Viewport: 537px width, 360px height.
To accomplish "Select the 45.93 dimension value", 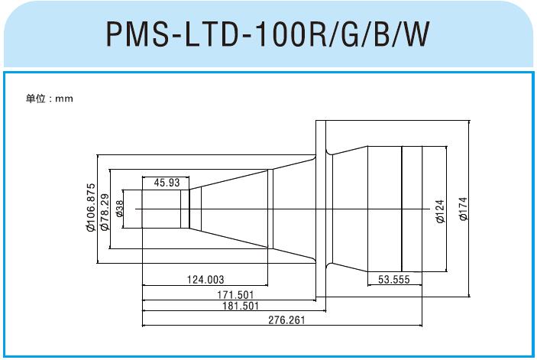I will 167,183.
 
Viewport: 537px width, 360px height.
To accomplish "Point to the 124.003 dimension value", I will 205,280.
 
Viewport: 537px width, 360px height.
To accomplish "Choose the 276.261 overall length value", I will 283,320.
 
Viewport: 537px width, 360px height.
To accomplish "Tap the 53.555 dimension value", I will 394,280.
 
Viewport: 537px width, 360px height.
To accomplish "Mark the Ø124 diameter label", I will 439,209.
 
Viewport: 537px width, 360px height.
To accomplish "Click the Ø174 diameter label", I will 463,209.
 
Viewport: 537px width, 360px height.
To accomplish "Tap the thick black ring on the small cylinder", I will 189,209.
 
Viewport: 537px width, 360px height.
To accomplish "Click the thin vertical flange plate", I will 321,209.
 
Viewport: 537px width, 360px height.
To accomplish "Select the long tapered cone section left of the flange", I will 229,209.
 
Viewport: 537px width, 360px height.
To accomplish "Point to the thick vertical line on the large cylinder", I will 402,209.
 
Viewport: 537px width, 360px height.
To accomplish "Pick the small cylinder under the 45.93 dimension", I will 165,209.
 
